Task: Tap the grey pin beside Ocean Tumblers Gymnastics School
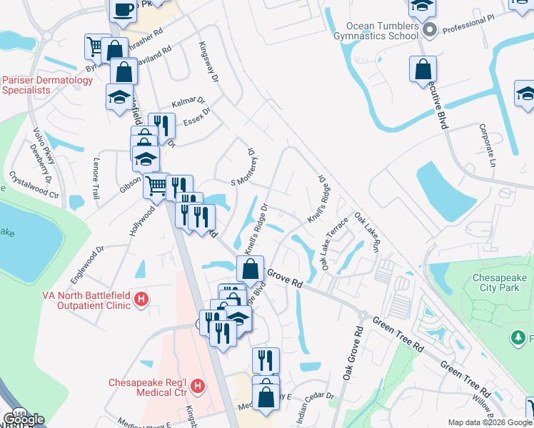pos(430,30)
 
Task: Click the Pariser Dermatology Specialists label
pos(47,85)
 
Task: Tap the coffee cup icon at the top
pos(124,11)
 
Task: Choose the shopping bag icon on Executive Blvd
pos(423,70)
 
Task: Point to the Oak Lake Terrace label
pos(334,243)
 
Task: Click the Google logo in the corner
pos(23,419)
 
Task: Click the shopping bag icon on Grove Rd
pos(250,270)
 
